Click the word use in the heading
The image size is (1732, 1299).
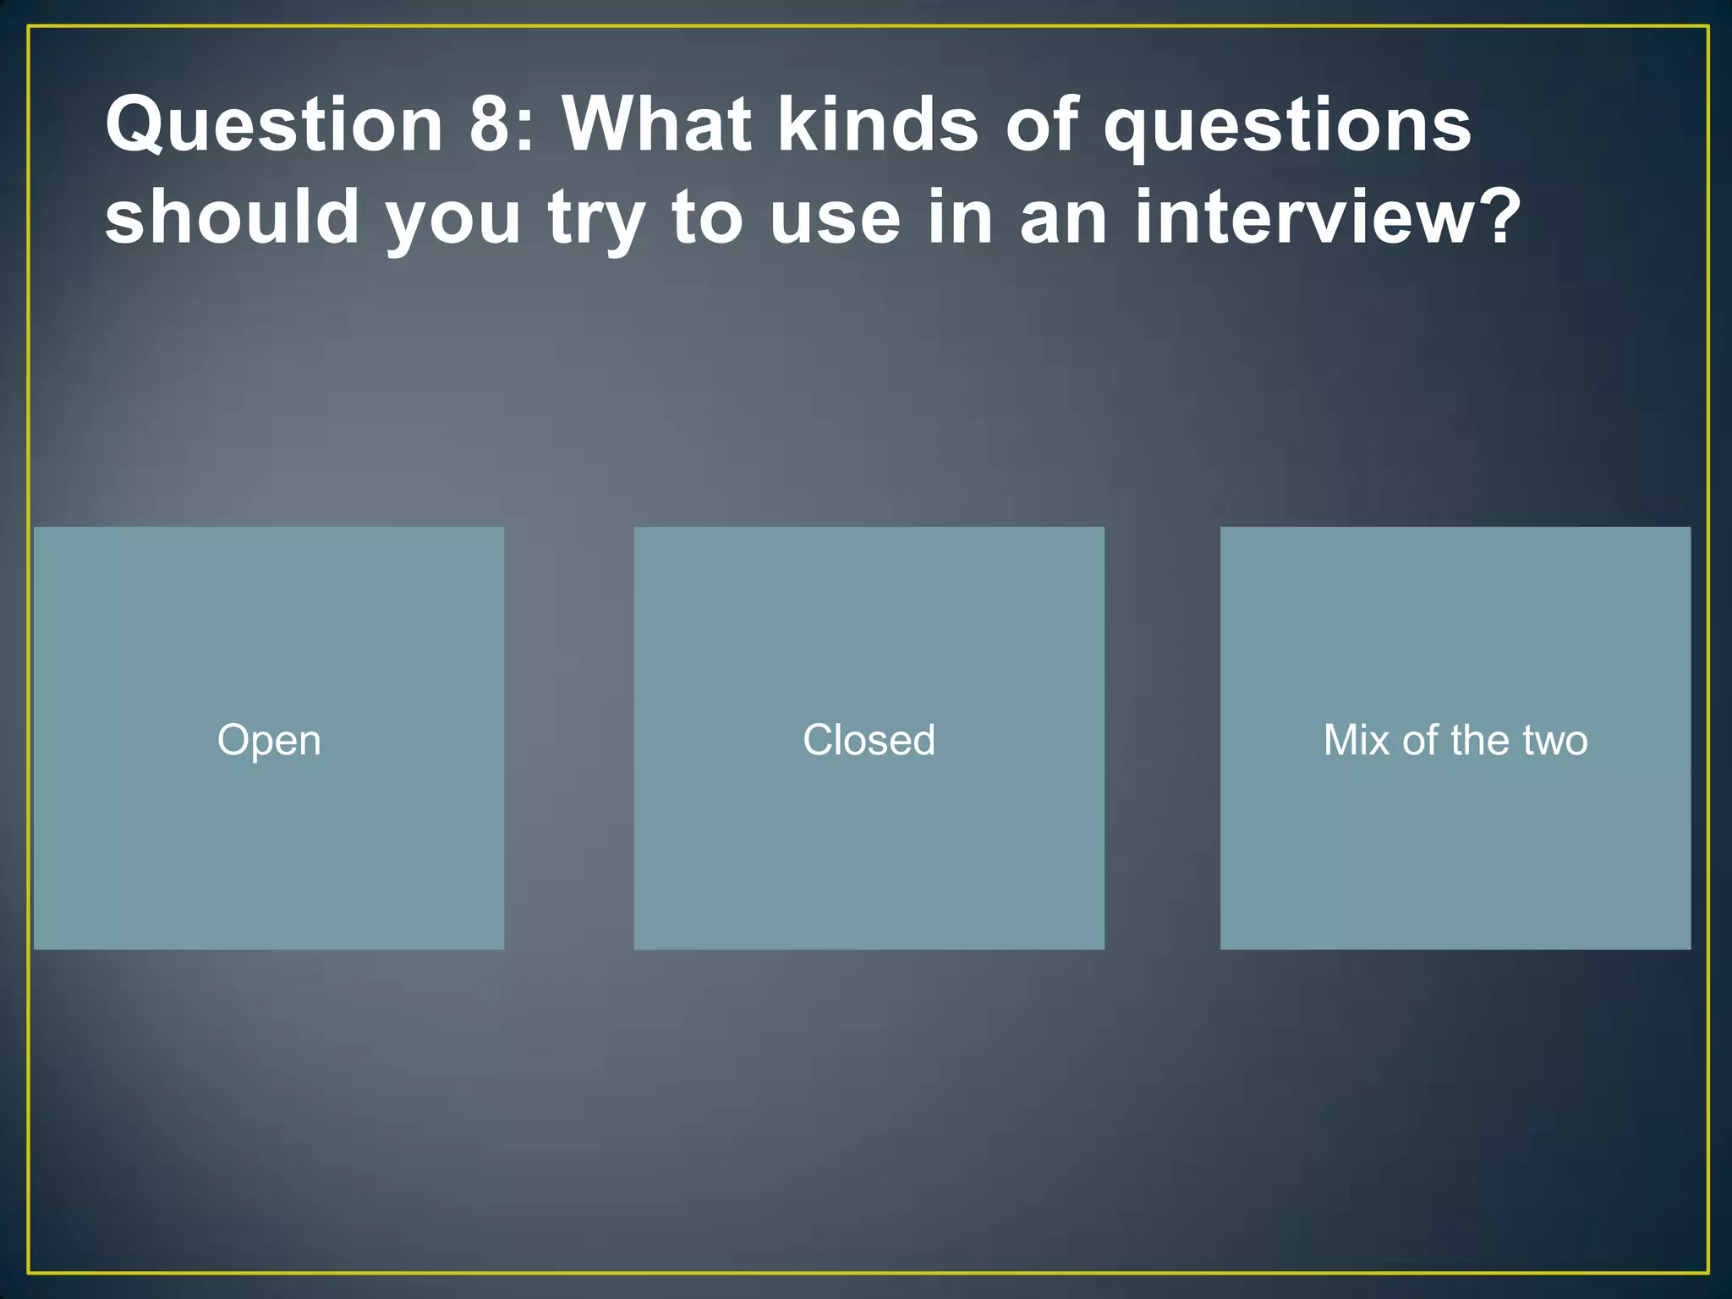coord(836,218)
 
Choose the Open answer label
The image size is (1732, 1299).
coord(269,740)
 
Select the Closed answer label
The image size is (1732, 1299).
coord(869,740)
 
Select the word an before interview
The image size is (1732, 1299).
coord(1064,218)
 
